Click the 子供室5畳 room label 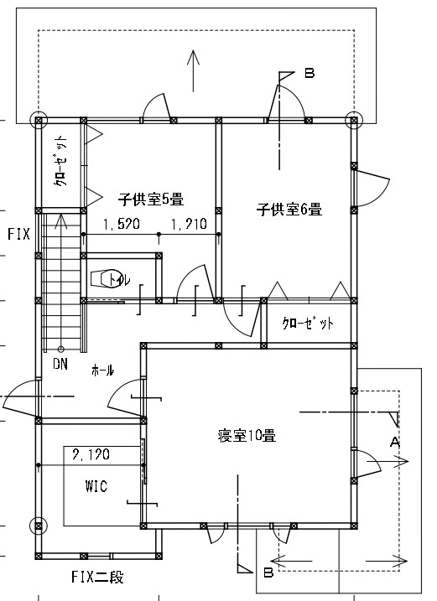[151, 199]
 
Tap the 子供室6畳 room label [289, 210]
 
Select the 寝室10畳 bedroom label [247, 436]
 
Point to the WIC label [96, 486]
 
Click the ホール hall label [102, 370]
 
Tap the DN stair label [60, 364]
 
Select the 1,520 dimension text [122, 224]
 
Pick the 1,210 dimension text [189, 224]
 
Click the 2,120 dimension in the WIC [91, 454]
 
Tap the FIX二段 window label [97, 577]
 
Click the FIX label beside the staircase [18, 234]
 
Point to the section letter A [395, 443]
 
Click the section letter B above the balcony [310, 73]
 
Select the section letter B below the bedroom [268, 573]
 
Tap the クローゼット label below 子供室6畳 [308, 323]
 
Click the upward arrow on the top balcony [194, 71]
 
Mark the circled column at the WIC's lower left [39, 526]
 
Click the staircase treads [61, 282]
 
